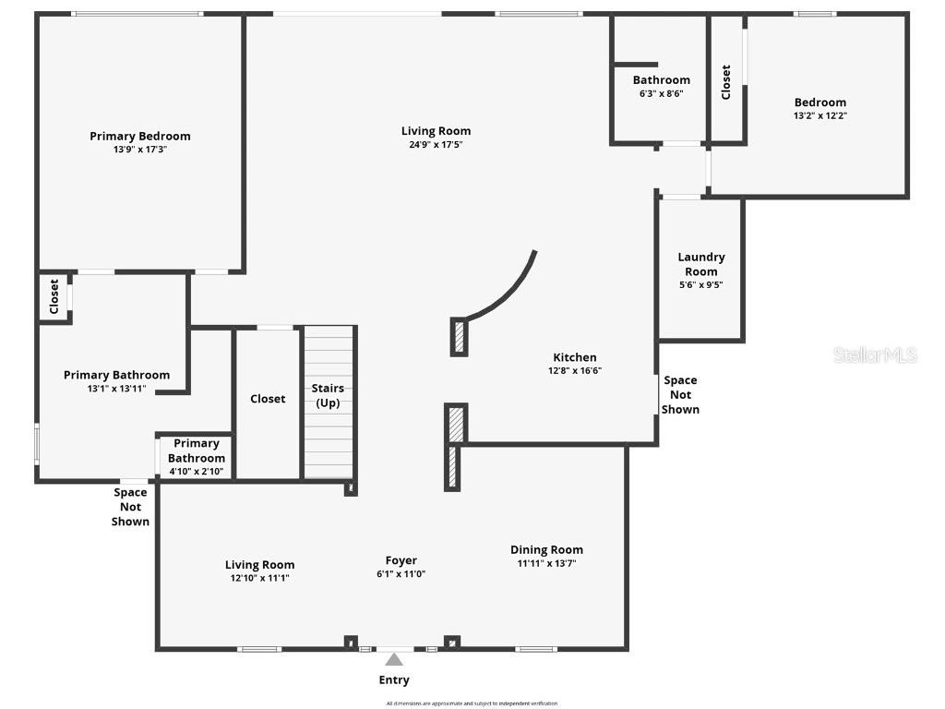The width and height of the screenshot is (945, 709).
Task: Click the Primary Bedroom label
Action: (140, 137)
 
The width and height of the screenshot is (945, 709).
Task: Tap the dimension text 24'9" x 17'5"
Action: (436, 145)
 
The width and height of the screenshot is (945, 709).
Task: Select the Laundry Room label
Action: (701, 264)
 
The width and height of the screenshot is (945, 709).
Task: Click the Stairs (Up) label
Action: (329, 396)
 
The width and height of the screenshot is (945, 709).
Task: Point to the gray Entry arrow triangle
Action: (394, 659)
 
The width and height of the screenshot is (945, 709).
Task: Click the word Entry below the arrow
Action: (394, 680)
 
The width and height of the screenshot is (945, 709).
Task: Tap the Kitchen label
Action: (575, 357)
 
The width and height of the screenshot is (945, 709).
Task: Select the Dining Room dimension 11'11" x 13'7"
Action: (546, 563)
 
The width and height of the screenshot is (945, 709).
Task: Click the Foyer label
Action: (401, 560)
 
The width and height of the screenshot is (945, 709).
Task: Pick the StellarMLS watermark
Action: (875, 354)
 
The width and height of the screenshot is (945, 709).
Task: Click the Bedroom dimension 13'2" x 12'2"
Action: (820, 116)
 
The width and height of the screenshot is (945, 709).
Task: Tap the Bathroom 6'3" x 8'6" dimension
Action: (661, 93)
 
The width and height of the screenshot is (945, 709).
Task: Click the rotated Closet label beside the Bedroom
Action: (726, 82)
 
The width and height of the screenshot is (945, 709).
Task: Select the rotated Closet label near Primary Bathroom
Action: (54, 296)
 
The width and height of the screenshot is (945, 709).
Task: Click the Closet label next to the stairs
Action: (268, 399)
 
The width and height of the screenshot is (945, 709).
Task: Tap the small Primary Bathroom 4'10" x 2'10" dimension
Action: (197, 471)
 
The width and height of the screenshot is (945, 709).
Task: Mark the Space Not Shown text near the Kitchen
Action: (681, 394)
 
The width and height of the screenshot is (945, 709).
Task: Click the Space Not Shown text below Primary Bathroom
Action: (130, 507)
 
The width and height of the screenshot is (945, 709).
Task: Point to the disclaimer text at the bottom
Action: (472, 703)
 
